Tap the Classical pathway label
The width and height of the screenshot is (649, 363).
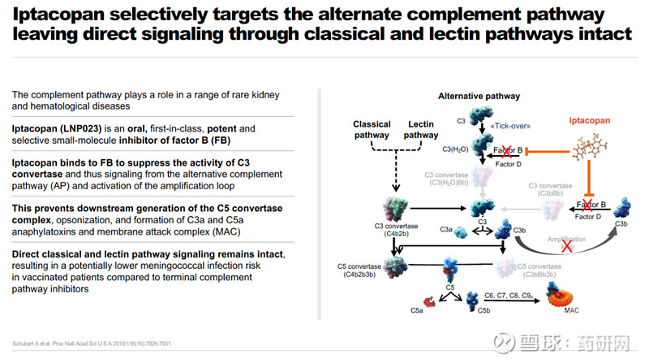[x=372, y=130]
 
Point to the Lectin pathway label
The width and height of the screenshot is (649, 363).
[x=421, y=130]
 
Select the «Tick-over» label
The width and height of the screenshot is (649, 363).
[x=510, y=127]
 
